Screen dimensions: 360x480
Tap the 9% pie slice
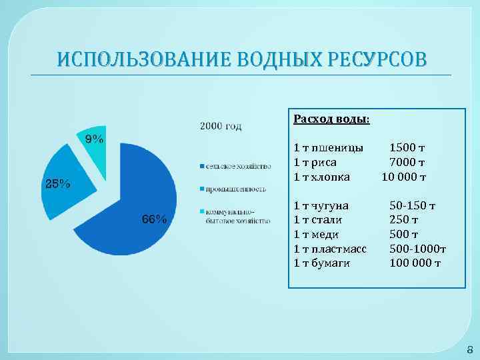point(93,143)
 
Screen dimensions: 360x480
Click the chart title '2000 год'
point(221,125)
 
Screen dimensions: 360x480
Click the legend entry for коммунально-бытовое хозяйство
point(237,216)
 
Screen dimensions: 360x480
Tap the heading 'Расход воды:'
point(332,119)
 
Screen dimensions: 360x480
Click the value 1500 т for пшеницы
point(407,147)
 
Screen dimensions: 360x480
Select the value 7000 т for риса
point(407,162)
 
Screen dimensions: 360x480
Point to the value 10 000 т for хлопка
point(403,177)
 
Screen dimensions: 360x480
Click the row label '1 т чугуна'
point(321,205)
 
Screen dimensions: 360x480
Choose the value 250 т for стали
point(404,219)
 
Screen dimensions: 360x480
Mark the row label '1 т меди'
point(316,234)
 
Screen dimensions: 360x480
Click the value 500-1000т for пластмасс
point(417,249)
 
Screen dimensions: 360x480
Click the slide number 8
point(469,349)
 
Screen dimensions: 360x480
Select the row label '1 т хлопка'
point(321,177)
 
